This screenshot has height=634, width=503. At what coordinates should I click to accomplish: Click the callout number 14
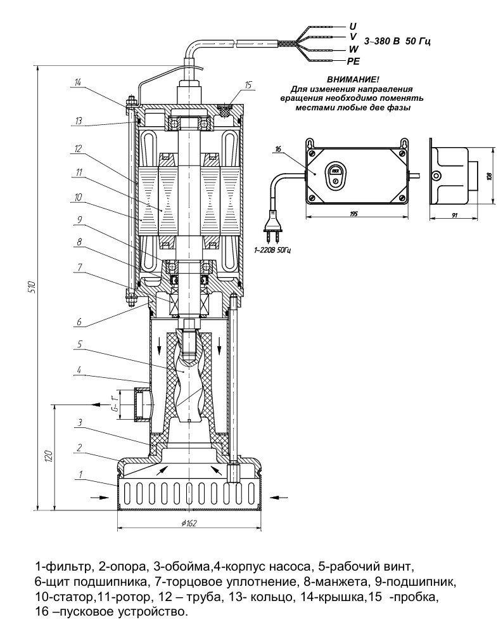(78, 82)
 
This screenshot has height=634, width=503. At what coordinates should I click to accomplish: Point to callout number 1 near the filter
(80, 472)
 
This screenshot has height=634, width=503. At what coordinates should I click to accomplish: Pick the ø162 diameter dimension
(190, 523)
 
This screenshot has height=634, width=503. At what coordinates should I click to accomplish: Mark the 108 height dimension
(488, 175)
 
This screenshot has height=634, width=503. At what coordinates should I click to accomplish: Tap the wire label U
(353, 26)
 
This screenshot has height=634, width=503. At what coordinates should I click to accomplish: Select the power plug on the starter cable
(274, 232)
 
